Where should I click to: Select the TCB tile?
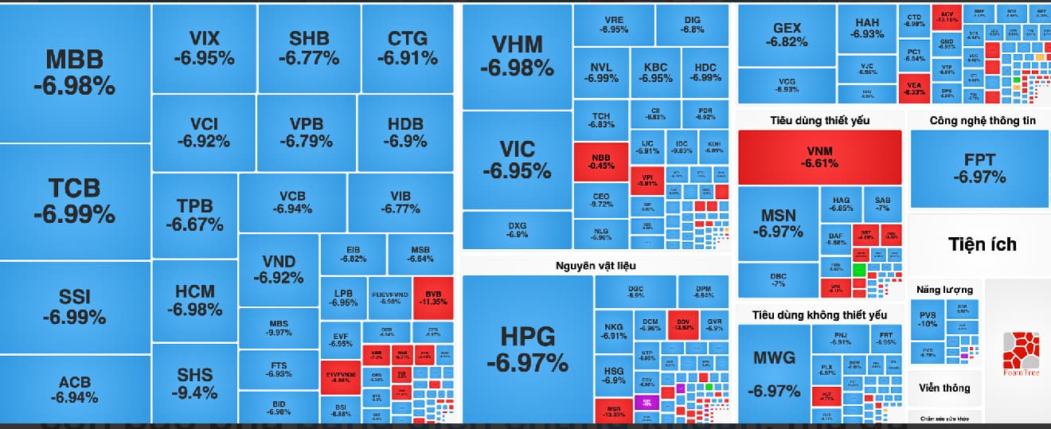coord(75,201)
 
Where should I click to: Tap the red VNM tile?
coord(819,157)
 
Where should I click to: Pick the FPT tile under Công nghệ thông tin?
coord(979,168)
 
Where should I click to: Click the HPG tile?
coord(527,349)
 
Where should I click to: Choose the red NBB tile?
coord(601,162)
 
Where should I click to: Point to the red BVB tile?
coord(433,298)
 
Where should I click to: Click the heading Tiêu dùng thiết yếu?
coord(819,120)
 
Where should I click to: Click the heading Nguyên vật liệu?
coord(596,265)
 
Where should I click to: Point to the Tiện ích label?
coord(983,244)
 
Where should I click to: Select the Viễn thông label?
coord(944,388)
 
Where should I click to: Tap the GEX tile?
coord(787,35)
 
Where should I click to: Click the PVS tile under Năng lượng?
coord(928,319)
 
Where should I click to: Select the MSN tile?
coord(778,223)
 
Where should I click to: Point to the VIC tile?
coord(517,159)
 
